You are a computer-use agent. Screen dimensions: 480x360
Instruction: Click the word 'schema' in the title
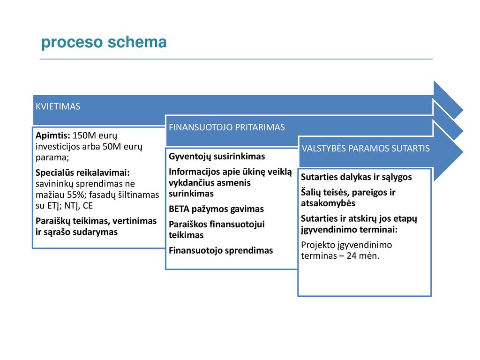[x=137, y=42]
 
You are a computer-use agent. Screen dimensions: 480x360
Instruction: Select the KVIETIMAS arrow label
[x=58, y=106]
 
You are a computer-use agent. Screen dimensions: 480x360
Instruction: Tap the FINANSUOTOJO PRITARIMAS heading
[x=227, y=127]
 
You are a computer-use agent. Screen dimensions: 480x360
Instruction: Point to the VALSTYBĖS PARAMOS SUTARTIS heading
[x=366, y=149]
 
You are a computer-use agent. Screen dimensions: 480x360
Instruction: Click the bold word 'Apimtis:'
[x=53, y=135]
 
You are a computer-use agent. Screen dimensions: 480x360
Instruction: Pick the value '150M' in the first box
[x=83, y=135]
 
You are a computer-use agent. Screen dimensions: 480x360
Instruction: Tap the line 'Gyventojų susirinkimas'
[x=217, y=157]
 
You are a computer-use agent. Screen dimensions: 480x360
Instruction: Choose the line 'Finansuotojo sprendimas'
[x=221, y=251]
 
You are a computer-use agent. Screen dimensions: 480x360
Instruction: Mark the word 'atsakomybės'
[x=328, y=203]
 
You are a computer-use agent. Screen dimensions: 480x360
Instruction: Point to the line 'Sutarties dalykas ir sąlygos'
[x=356, y=177]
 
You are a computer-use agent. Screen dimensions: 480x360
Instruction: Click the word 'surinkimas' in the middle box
[x=191, y=194]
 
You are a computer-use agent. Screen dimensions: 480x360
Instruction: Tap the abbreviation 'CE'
[x=88, y=206]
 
